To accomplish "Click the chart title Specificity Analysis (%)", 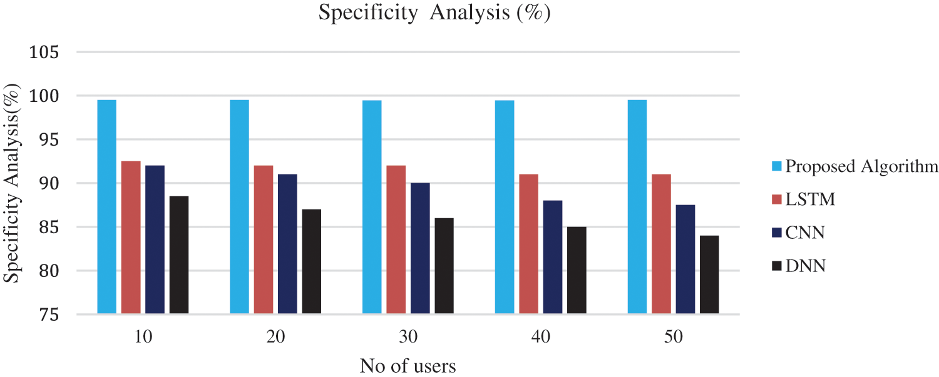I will [x=434, y=13].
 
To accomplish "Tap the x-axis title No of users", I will [x=408, y=365].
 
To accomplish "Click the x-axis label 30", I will [x=408, y=337].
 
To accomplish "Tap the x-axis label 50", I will [x=673, y=337].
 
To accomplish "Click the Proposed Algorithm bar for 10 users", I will [x=107, y=206].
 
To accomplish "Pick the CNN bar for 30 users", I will [x=420, y=248].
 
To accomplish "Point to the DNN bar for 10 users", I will [x=179, y=254].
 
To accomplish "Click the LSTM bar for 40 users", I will [x=528, y=243].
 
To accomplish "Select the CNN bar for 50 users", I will [x=685, y=259].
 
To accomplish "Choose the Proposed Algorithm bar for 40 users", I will [x=505, y=206].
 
